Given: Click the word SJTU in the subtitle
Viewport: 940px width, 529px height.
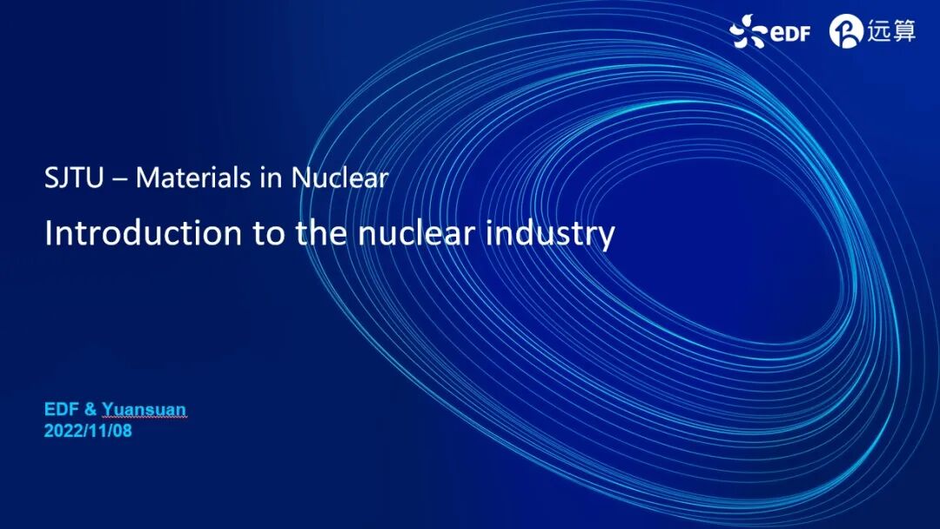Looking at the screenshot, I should click(x=74, y=177).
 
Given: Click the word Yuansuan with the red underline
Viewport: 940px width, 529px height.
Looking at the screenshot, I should click(x=144, y=410).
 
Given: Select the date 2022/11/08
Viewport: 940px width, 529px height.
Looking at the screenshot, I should click(x=88, y=430).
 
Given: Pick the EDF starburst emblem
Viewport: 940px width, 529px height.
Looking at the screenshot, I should click(x=748, y=32).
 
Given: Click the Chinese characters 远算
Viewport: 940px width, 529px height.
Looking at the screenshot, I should click(x=890, y=31).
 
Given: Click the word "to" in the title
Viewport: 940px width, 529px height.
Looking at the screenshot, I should click(x=268, y=233).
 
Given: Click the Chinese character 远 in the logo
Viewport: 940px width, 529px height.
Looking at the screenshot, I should click(x=877, y=31).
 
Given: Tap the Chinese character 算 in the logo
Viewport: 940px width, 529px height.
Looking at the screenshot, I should click(x=903, y=31).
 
